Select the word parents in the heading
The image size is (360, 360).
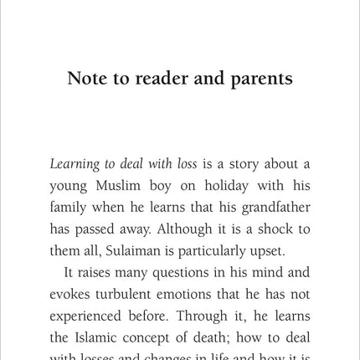[x=260, y=79]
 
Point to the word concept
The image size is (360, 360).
[x=170, y=338]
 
